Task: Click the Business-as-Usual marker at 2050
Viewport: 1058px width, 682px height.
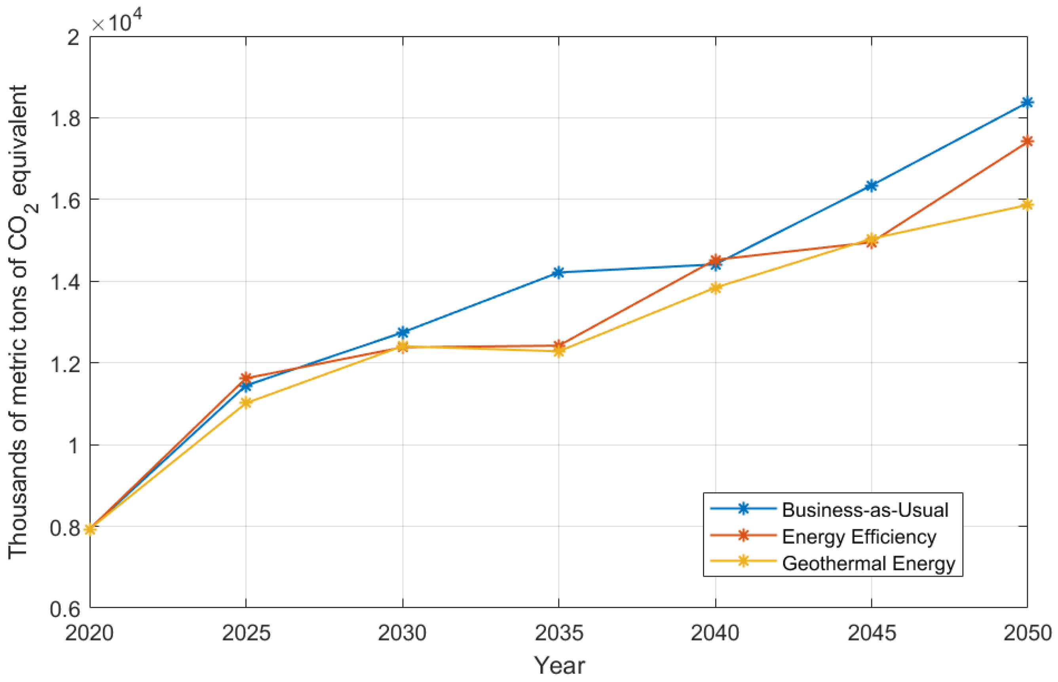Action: pos(1027,102)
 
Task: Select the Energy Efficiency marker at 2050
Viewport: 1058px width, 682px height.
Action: pos(1027,141)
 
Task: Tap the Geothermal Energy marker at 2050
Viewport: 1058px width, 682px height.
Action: pos(1027,204)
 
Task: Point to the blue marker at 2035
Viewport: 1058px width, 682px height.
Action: pos(558,272)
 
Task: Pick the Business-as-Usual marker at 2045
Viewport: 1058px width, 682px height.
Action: pos(871,185)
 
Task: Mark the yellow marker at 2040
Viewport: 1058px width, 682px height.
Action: pos(715,288)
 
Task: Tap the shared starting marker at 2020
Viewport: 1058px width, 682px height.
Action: pos(90,529)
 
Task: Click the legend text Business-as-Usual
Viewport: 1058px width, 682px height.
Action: pos(864,510)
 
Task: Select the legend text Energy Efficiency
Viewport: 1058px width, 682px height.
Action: pos(859,536)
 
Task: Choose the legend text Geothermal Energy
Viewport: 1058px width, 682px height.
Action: pos(868,563)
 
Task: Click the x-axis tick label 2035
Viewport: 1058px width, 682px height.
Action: pos(558,633)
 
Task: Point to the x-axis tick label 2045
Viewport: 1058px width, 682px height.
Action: pos(871,633)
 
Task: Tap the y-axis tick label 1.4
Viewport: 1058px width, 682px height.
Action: pos(65,282)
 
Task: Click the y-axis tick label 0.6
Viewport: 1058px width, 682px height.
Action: pos(65,609)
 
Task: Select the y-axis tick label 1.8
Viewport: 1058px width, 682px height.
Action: pos(65,119)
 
